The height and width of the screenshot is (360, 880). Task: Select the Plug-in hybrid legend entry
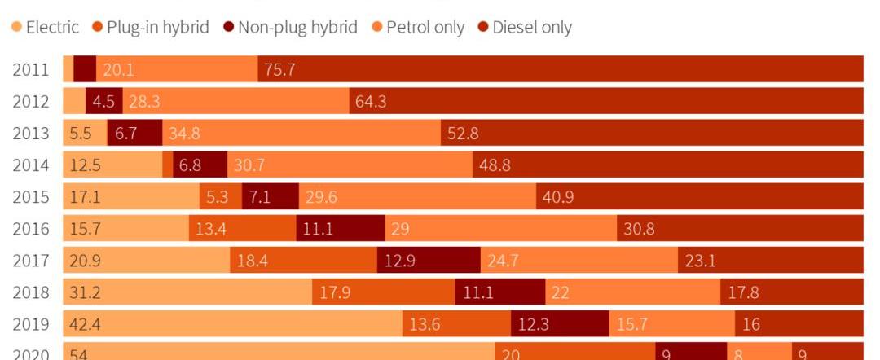(x=152, y=27)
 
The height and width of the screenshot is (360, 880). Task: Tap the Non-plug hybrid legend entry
(x=290, y=27)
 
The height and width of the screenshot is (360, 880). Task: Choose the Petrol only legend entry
(x=418, y=27)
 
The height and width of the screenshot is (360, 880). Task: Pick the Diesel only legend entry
(x=525, y=27)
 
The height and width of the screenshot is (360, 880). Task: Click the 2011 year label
(x=30, y=70)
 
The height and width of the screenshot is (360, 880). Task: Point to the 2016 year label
(x=30, y=229)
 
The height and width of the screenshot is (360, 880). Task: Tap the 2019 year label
(x=30, y=324)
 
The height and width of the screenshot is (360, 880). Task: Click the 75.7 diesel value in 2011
(x=279, y=70)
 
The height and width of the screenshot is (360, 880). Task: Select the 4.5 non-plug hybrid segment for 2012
(x=103, y=102)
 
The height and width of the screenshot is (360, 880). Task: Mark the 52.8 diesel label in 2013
(x=462, y=134)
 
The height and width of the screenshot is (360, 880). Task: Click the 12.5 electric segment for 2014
(x=112, y=165)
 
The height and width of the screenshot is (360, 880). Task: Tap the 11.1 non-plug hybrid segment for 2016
(x=340, y=229)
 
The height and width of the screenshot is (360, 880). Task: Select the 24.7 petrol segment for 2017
(x=579, y=261)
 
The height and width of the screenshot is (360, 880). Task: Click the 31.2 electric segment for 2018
(x=187, y=292)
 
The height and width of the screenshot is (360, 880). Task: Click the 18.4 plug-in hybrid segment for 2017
(x=304, y=261)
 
